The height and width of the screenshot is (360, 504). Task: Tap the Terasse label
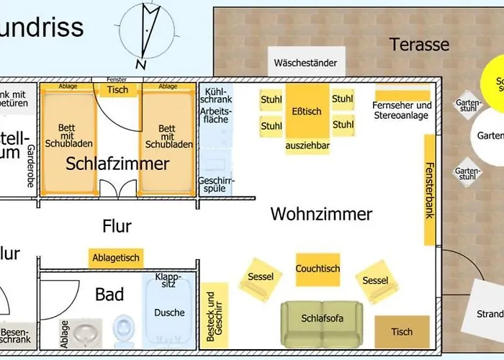pos(419,44)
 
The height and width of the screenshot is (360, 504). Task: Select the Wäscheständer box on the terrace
pos(305,63)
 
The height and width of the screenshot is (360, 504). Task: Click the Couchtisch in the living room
pos(318,269)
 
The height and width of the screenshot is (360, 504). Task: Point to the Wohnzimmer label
pos(321,214)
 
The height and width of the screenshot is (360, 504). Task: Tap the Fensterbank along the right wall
pos(429,189)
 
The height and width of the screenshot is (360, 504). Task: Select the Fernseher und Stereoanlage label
pos(402,109)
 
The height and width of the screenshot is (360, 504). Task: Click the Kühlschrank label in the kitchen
pos(217,96)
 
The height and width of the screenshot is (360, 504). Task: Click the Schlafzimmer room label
pos(117,163)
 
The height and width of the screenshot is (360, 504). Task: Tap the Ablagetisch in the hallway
pos(117,257)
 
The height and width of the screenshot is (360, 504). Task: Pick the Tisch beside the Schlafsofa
pos(402,332)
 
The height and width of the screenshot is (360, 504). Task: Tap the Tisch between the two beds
pos(117,90)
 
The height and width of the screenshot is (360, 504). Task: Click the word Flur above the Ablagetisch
pos(117,226)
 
